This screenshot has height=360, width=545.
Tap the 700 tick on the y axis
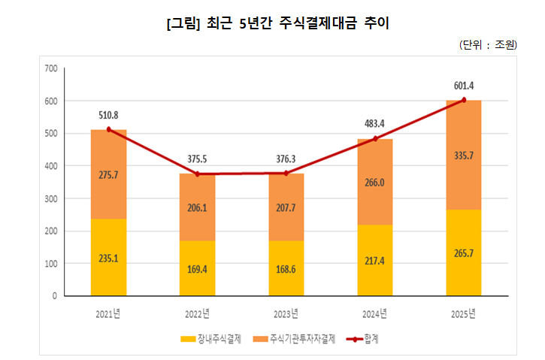(x=51, y=68)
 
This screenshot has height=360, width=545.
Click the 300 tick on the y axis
(x=51, y=198)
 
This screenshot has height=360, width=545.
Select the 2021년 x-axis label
(x=109, y=312)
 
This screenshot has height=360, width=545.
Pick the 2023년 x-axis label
(x=286, y=312)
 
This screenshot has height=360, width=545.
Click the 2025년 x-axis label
(x=463, y=312)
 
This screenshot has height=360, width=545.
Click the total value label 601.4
(x=464, y=85)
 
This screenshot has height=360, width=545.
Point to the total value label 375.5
(x=198, y=159)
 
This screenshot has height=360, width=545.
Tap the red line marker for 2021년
(x=109, y=129)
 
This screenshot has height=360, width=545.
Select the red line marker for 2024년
(x=375, y=138)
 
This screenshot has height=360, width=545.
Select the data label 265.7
(x=464, y=253)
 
